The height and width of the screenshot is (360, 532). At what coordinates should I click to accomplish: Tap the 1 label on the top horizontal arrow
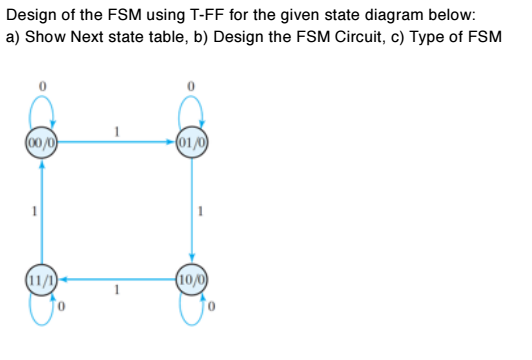click(117, 130)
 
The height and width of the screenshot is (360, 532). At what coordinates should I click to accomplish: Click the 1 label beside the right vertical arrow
click(202, 212)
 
